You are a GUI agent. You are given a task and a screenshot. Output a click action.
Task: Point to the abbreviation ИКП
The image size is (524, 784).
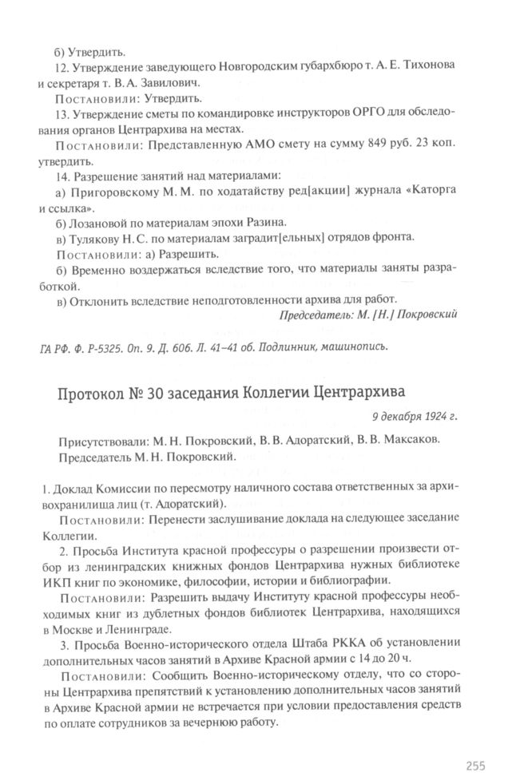pyautogui.click(x=73, y=580)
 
